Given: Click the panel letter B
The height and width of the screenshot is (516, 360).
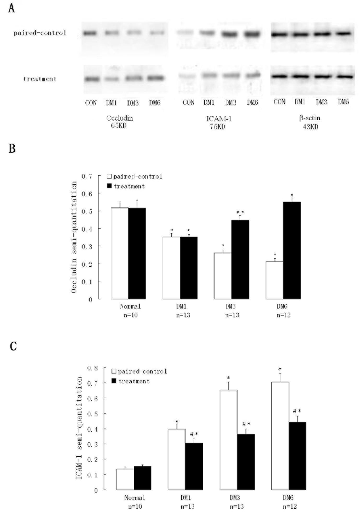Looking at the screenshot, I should point(12,149).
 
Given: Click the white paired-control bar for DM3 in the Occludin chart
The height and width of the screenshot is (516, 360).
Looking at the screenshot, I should point(223,276).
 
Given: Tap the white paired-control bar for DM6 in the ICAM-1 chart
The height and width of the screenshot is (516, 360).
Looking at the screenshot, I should point(280,436).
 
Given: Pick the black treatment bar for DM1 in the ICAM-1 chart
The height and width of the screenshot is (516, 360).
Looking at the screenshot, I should point(194,466).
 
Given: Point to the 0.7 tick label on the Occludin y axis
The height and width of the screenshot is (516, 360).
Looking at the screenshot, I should point(87,176).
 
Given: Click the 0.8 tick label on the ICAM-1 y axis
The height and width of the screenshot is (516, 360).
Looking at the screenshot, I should point(92,368).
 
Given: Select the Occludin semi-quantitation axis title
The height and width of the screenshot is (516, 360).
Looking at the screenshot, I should point(74,237).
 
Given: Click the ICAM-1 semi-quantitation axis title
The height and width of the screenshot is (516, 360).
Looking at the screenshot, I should point(79,428).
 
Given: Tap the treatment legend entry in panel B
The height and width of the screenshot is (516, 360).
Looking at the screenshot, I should point(126,186).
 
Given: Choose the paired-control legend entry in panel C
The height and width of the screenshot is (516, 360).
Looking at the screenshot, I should point(139,371).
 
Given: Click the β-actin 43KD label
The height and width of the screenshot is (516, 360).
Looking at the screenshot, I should point(310,122).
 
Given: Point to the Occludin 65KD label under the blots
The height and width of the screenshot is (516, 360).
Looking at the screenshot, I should point(119,122).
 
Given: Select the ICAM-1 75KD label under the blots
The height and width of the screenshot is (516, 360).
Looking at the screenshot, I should point(219,122).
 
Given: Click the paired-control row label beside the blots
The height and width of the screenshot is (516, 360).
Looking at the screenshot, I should point(40,33).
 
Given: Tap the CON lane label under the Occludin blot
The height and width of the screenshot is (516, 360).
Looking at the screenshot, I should point(91,103).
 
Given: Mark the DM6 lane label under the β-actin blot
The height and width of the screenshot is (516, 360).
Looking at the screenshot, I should point(343,102).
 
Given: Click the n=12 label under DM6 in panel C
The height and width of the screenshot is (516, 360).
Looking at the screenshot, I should point(290,507).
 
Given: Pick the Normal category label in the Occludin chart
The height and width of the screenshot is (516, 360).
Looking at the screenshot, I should point(130,306).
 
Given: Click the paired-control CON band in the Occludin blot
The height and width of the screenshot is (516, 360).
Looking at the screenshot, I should point(90,33).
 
